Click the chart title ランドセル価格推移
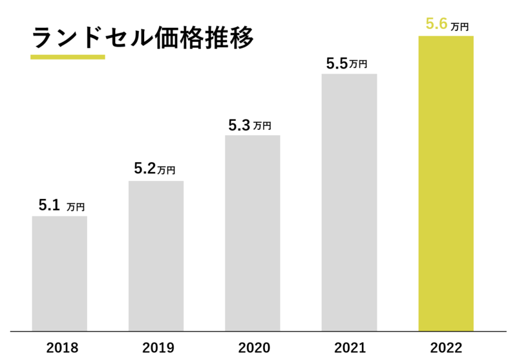[x=143, y=37]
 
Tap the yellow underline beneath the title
[x=67, y=57]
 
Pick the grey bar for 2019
[x=156, y=255]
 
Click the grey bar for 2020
[x=253, y=233]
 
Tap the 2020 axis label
[x=253, y=348]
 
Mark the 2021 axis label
[x=349, y=348]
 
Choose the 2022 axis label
[x=446, y=348]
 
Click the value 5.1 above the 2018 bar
[x=49, y=206]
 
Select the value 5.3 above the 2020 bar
[x=239, y=125]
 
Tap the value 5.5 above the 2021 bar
[x=336, y=64]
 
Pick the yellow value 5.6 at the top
[x=436, y=25]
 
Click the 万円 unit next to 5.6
[x=459, y=26]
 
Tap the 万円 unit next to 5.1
[x=75, y=207]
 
